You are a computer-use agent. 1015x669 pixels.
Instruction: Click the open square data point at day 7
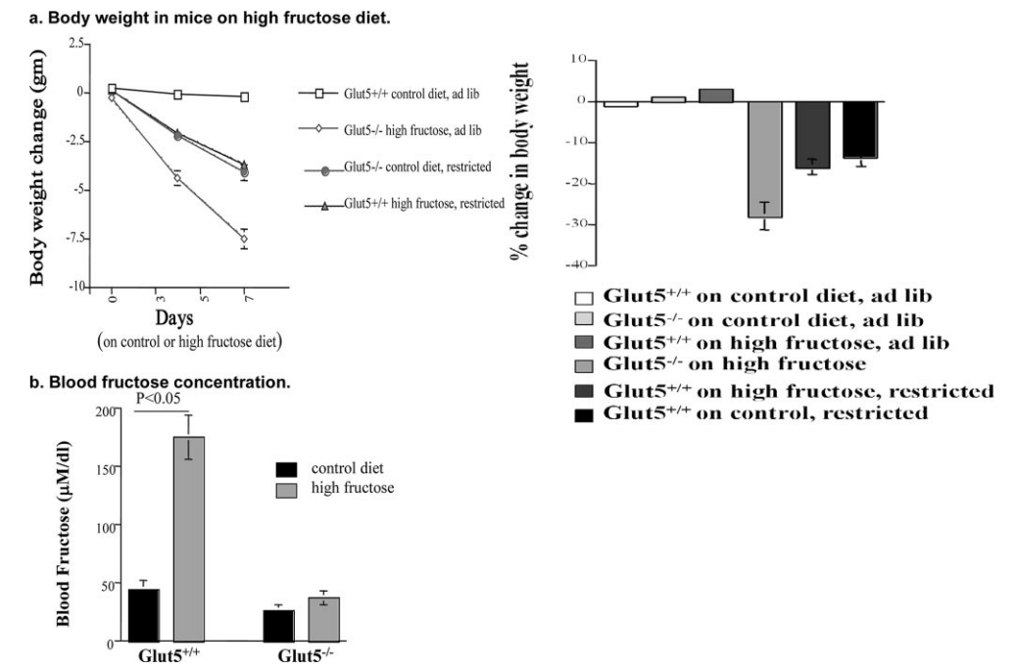tap(244, 97)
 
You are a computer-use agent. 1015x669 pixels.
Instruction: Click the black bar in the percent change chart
tap(859, 129)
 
